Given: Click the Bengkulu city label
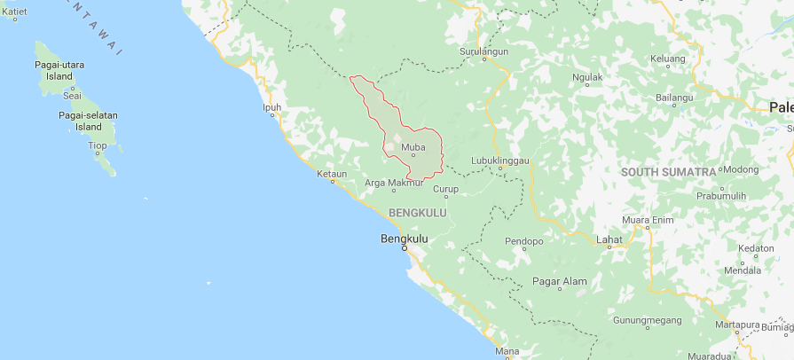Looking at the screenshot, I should [405, 238].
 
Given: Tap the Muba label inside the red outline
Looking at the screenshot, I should [413, 147].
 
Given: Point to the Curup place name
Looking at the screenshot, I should [445, 189].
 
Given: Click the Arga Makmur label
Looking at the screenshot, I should [395, 184].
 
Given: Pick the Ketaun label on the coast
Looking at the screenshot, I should [332, 174].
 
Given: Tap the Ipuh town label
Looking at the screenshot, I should [271, 108].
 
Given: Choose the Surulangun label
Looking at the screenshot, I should [483, 51].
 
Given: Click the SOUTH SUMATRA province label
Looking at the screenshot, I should [668, 171].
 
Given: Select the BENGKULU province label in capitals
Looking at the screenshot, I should [417, 213].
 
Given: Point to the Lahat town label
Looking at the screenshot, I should [609, 239].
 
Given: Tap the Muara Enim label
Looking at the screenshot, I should [648, 219].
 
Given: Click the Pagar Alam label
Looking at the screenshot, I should [559, 281].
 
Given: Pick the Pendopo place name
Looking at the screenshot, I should [523, 240].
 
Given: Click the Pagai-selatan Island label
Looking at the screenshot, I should [88, 121].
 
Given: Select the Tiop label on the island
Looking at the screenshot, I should [97, 145].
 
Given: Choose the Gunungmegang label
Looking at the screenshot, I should [647, 319].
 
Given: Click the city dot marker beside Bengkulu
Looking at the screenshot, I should [405, 247].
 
